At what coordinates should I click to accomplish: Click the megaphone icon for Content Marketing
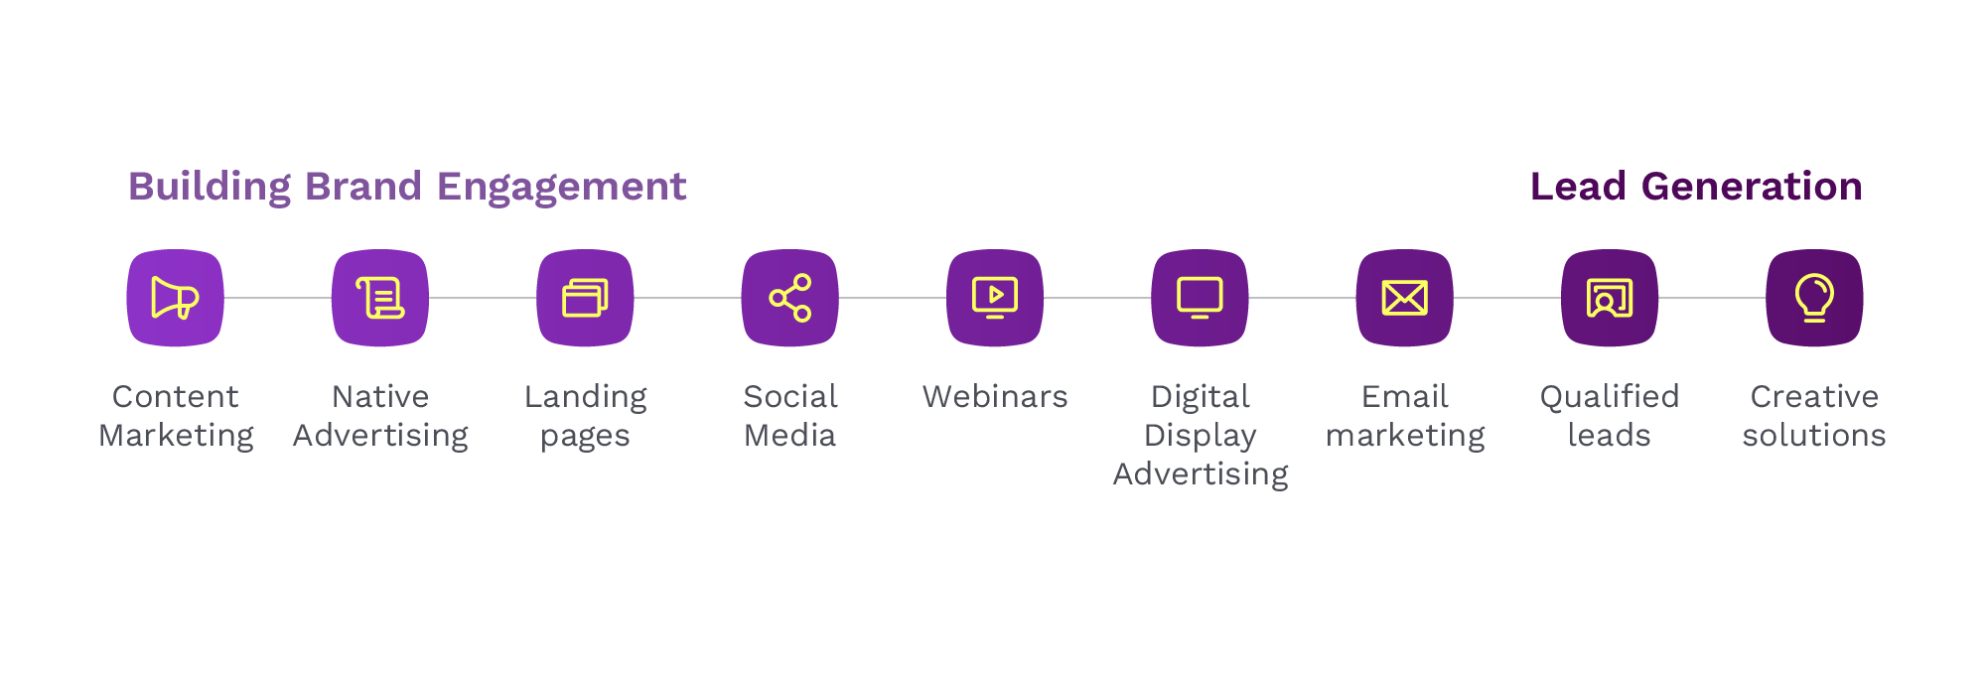click(175, 298)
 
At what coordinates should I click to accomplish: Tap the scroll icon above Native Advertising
click(380, 298)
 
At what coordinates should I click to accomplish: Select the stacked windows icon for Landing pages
click(585, 298)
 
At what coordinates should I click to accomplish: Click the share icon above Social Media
click(790, 298)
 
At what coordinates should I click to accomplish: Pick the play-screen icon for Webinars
click(995, 298)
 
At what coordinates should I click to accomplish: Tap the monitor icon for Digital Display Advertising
click(1200, 298)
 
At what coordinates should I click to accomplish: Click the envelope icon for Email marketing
click(1405, 298)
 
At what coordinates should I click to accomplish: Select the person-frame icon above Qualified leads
click(1610, 298)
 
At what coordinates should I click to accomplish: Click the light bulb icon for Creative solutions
click(1814, 298)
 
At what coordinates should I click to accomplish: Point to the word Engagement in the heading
click(561, 187)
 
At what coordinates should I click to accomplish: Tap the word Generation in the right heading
click(1752, 187)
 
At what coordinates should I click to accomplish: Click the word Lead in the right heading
click(1578, 187)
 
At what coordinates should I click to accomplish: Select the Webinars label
click(995, 397)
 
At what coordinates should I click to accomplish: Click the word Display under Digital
click(1200, 436)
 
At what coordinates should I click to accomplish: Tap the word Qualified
click(1610, 397)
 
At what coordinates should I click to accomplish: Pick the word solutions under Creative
click(1814, 436)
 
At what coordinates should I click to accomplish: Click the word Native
click(380, 397)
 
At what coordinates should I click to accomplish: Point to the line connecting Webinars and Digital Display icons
click(1097, 298)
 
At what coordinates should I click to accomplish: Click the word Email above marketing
click(1405, 397)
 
